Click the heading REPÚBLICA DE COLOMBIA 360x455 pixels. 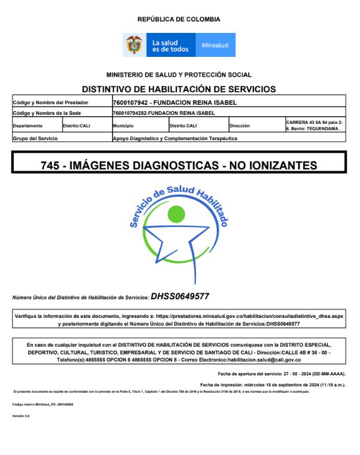(179, 19)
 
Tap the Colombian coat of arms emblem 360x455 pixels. (134, 45)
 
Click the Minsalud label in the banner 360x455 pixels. (215, 45)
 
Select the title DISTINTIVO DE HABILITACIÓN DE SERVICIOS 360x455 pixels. (179, 89)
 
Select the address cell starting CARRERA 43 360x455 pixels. (314, 125)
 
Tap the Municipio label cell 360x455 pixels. (123, 126)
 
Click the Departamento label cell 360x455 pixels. (28, 126)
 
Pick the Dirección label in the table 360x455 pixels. (240, 126)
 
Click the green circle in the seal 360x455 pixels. (177, 213)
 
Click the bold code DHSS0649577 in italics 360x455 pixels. (180, 296)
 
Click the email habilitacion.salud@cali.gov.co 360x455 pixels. (262, 360)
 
